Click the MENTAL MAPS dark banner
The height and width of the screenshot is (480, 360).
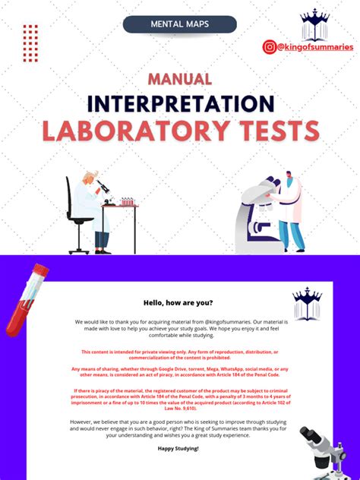click(x=179, y=24)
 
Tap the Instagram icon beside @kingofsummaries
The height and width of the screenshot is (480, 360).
click(x=269, y=47)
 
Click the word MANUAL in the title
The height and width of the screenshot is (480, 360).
click(x=179, y=79)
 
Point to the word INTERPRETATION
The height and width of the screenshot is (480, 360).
click(x=179, y=103)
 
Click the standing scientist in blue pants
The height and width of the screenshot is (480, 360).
click(x=289, y=213)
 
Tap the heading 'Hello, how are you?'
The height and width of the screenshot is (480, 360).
click(x=179, y=300)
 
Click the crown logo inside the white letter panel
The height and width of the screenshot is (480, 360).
click(x=307, y=304)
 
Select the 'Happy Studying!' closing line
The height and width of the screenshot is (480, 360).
click(x=179, y=449)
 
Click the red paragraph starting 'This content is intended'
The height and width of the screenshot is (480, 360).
click(x=179, y=354)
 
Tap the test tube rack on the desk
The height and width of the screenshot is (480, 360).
click(x=127, y=202)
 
